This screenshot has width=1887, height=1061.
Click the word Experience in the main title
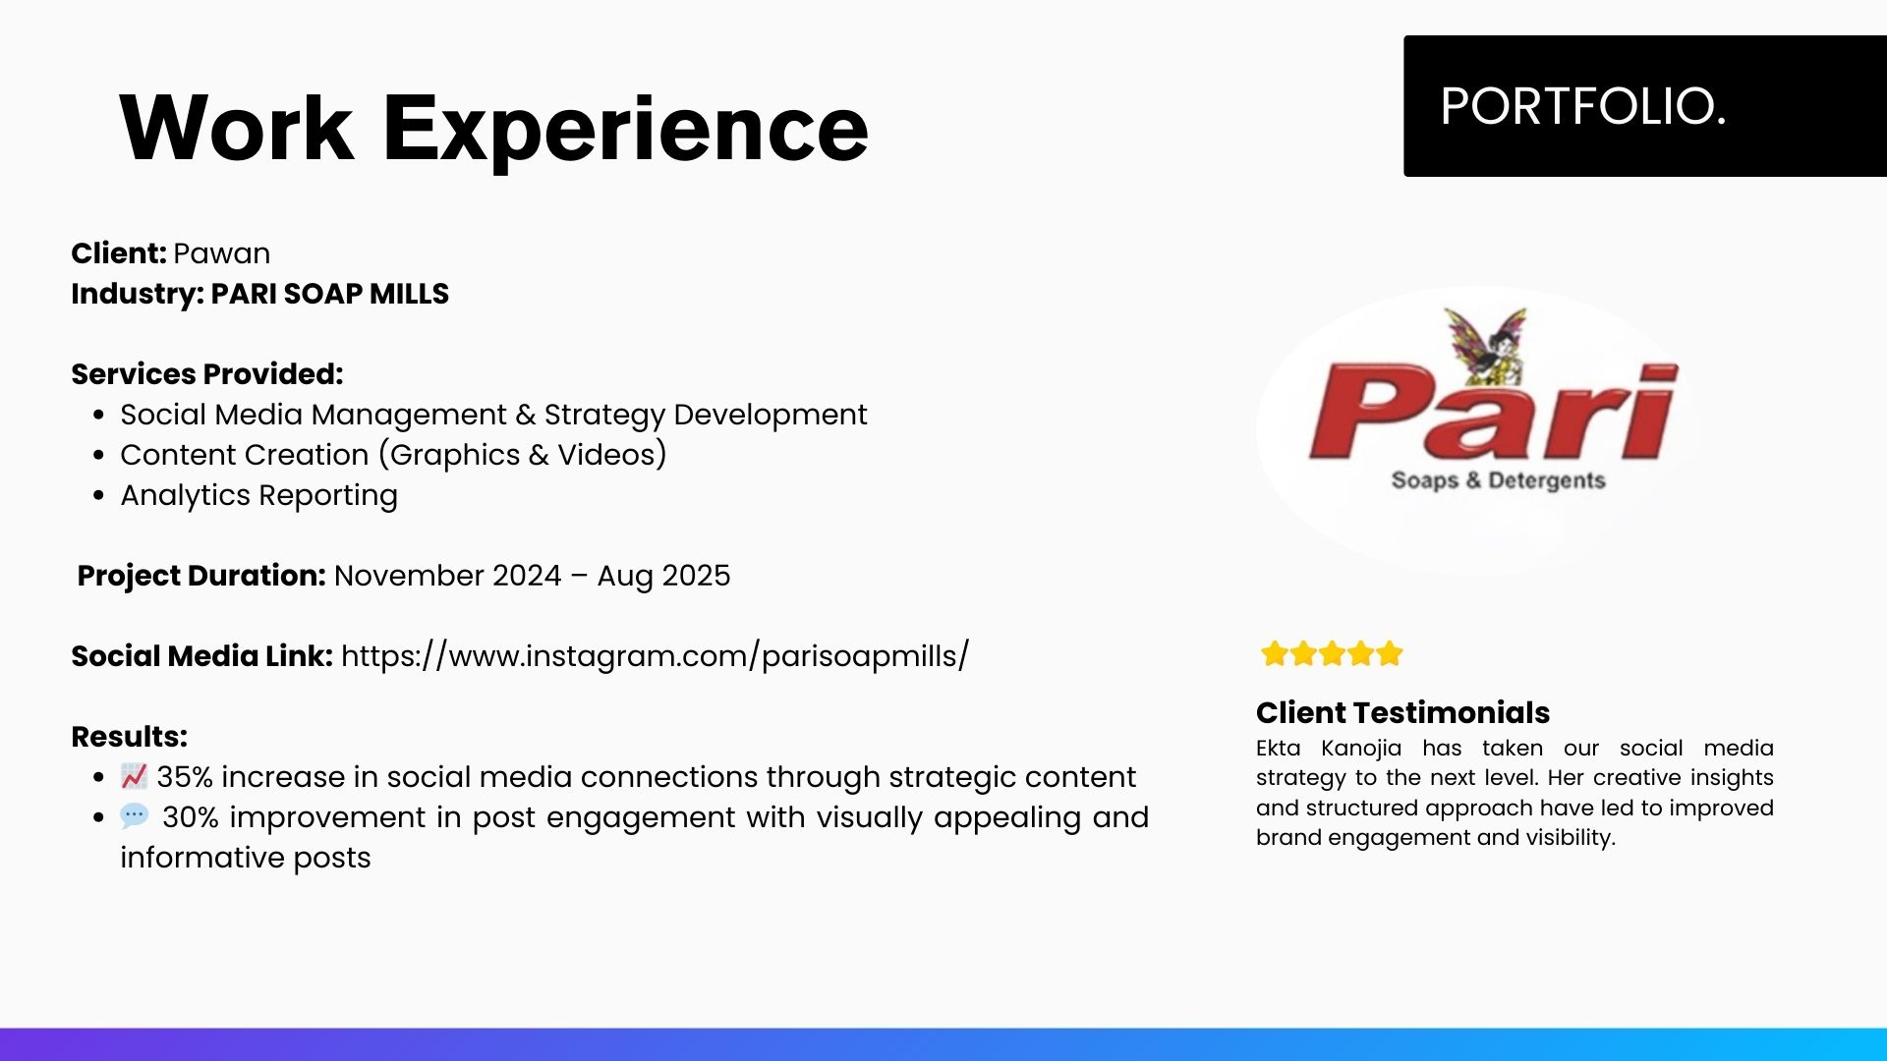coord(625,130)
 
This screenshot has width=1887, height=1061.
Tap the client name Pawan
coord(221,253)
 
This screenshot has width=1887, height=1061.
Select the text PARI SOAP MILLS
coord(329,294)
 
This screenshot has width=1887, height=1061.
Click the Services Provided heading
coord(207,374)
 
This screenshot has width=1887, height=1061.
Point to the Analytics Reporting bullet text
coord(259,496)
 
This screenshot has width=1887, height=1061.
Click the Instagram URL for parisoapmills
coord(655,656)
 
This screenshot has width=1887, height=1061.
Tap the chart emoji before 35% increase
coord(134,776)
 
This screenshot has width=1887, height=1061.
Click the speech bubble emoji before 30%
coord(135,815)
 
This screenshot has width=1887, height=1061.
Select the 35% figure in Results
coord(185,777)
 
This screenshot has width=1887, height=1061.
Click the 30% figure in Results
coord(191,817)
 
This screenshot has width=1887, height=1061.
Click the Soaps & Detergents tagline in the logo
coord(1498,480)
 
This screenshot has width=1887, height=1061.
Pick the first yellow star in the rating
coord(1275,653)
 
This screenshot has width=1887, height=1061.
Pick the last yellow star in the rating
coord(1390,653)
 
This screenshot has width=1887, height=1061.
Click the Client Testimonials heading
coord(1402,712)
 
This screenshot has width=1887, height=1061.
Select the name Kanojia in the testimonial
coord(1361,749)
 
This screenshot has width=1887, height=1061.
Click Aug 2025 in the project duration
coord(663,576)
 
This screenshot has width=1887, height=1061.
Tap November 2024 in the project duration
coord(447,576)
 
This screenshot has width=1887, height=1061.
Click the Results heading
coord(129,737)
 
